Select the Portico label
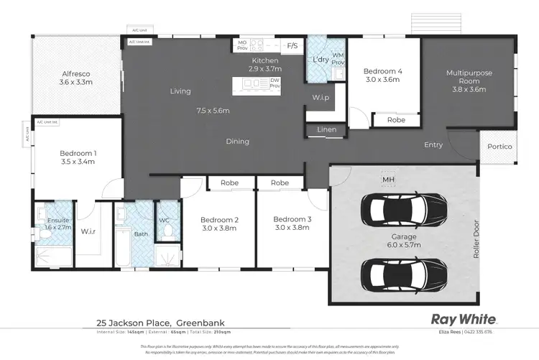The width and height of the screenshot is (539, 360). (499, 147)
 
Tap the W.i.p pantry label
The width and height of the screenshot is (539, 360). (321, 97)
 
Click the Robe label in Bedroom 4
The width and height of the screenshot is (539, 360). (396, 120)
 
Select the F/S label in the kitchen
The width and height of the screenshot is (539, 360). (292, 46)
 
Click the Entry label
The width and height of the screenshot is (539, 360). (433, 145)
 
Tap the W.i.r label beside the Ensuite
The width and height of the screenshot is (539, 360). (89, 231)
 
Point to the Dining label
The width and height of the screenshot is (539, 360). (238, 142)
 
